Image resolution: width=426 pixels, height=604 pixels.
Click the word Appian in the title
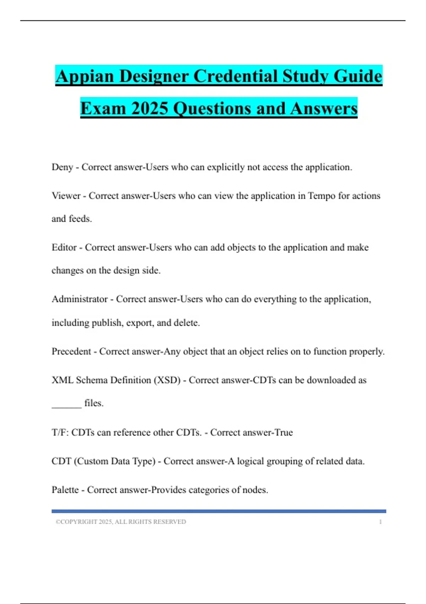(84, 76)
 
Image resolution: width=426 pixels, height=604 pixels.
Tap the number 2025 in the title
(149, 108)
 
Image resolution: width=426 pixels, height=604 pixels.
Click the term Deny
(62, 167)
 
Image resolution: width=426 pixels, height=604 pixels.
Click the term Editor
(64, 247)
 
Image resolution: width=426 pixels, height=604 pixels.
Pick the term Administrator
(80, 299)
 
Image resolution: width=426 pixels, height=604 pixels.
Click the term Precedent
(71, 351)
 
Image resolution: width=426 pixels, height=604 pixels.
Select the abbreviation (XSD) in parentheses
(167, 380)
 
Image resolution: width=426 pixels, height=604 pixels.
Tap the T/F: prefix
(60, 432)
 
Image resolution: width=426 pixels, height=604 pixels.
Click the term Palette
(65, 490)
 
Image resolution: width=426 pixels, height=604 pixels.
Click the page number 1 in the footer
(380, 522)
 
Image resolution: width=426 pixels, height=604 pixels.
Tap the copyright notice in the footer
(121, 522)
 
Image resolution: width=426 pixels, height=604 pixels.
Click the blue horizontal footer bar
(219, 511)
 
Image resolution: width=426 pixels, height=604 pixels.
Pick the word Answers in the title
(323, 108)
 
